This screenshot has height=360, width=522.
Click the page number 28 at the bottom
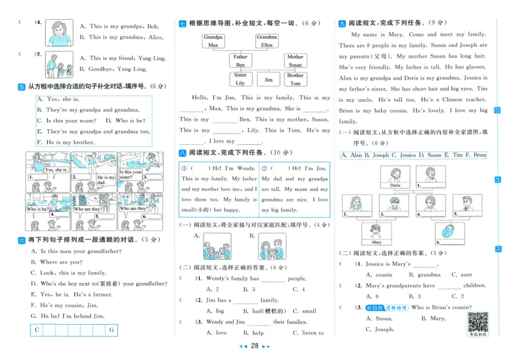coord(255,346)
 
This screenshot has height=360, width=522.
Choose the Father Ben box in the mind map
coord(241,61)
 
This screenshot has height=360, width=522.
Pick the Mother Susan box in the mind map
coord(295,61)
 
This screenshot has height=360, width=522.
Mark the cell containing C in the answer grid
coord(37,330)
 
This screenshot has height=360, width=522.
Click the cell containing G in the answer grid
coord(112,330)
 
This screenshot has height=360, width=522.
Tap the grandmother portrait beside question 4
coord(58,31)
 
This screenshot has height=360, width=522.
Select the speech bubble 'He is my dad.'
coord(104,180)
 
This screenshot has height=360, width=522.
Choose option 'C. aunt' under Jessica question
coord(461,275)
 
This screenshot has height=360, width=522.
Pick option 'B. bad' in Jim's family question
coord(249,311)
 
